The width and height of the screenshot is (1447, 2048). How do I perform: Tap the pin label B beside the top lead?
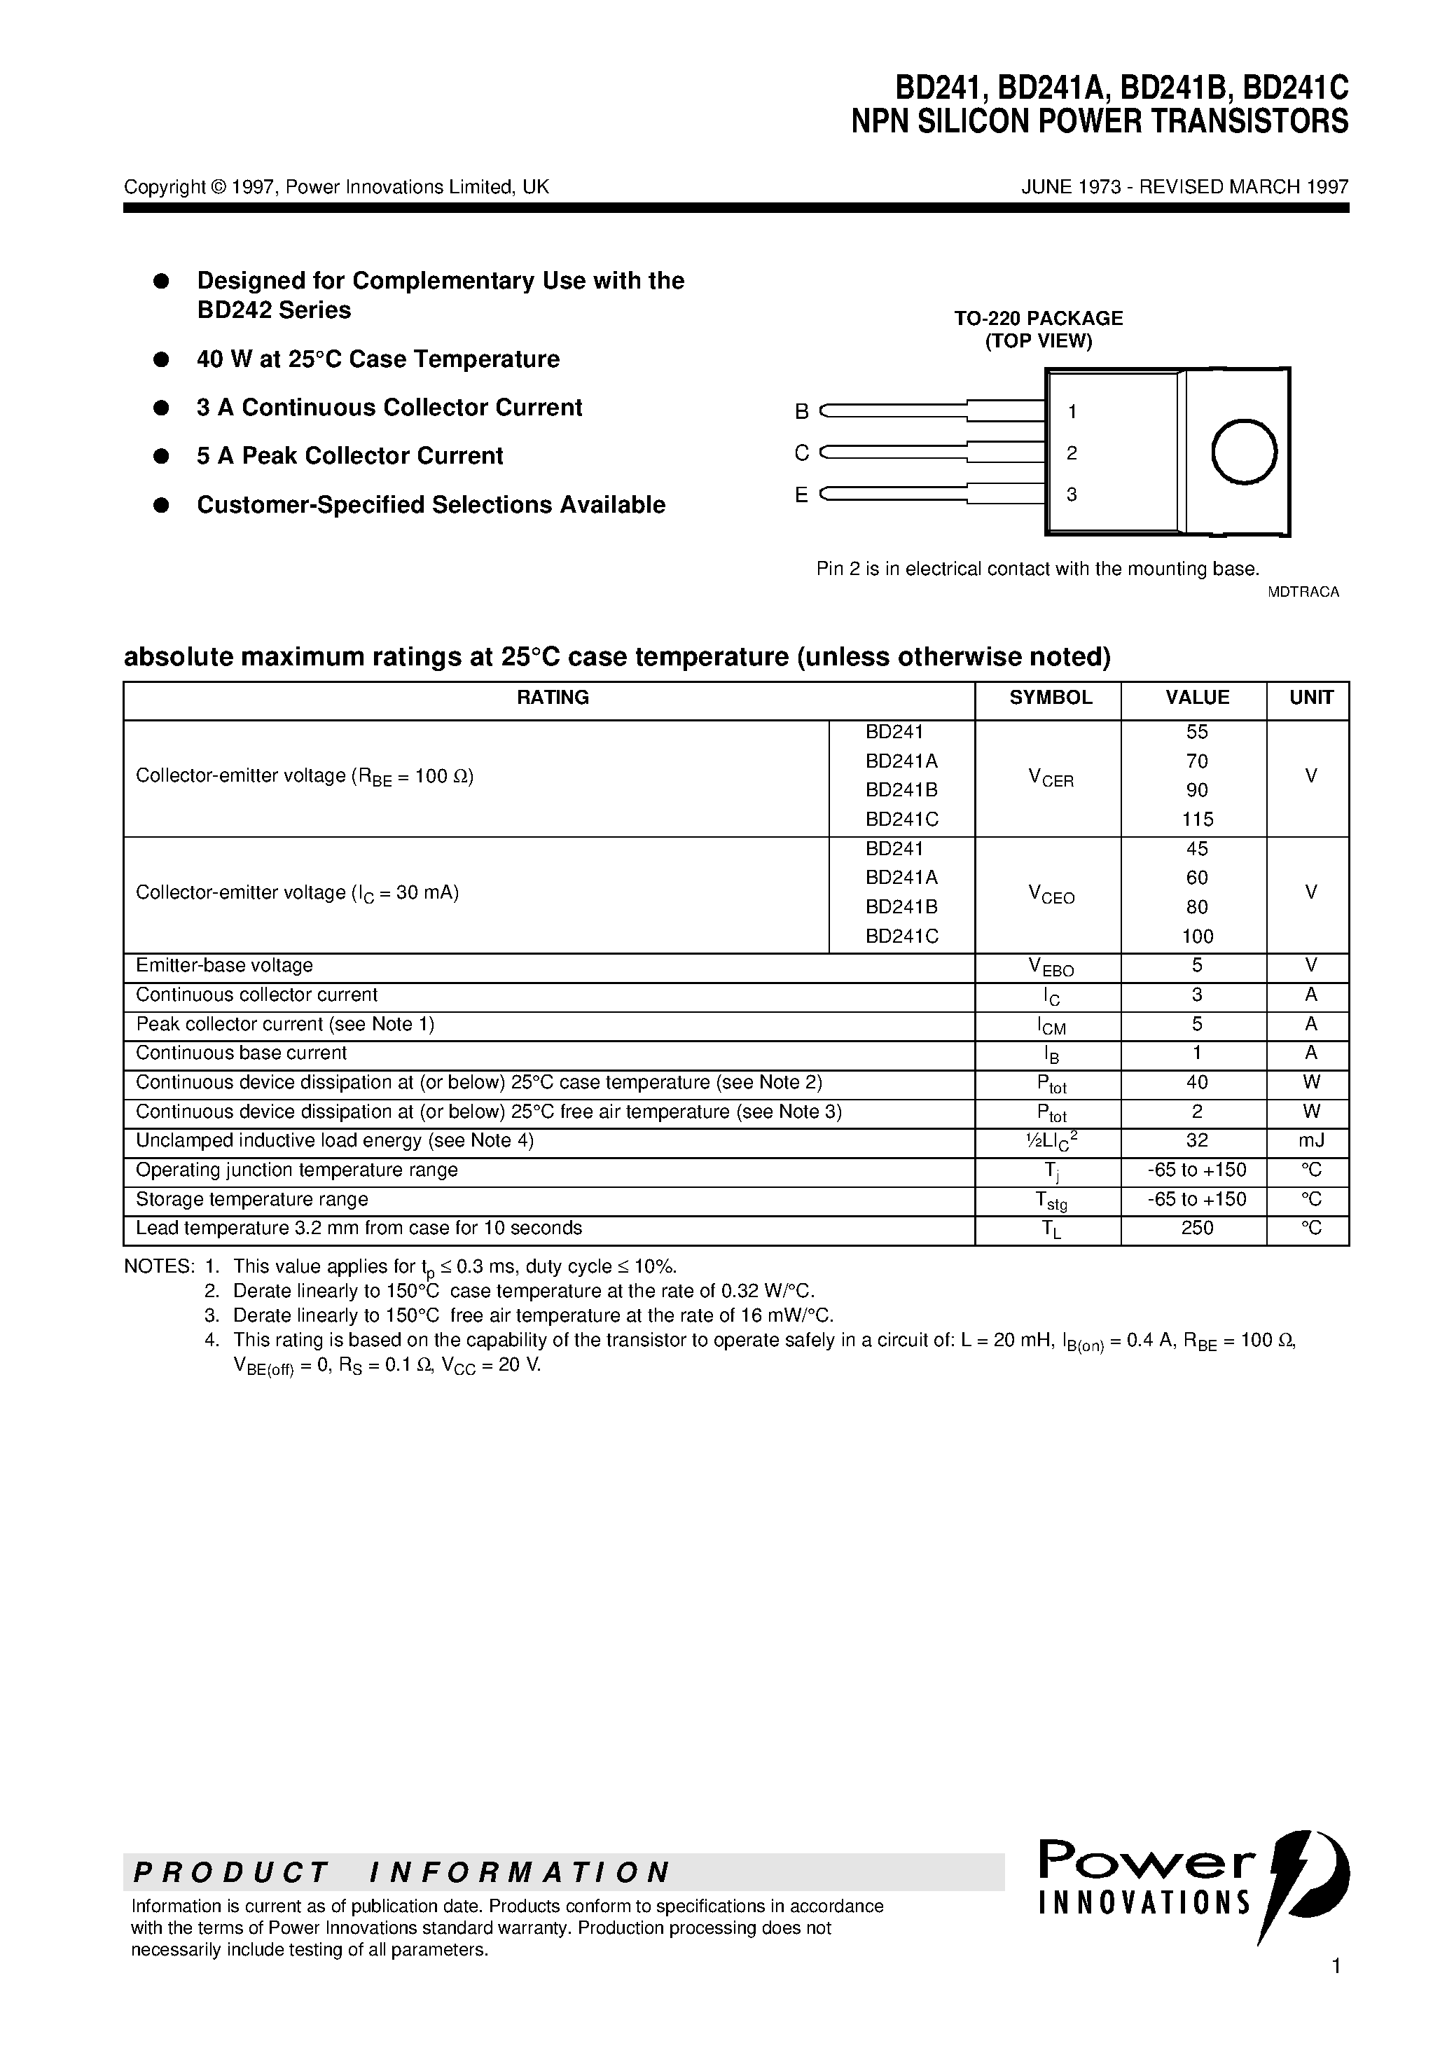point(801,411)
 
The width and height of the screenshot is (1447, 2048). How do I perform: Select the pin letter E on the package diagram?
point(801,495)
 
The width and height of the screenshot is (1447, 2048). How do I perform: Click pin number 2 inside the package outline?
point(1072,453)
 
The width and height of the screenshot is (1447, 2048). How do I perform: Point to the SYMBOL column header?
point(1050,698)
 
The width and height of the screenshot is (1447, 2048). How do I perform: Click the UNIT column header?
point(1310,698)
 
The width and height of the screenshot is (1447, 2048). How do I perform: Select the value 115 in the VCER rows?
point(1196,819)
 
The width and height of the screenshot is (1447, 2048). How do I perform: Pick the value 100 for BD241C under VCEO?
point(1196,936)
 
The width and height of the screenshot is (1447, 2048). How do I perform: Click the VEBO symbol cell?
point(1051,967)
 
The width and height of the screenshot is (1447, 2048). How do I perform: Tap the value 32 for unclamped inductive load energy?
point(1196,1141)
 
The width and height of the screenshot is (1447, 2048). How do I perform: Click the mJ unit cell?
point(1310,1141)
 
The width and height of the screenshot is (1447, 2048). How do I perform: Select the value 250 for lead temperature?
point(1196,1229)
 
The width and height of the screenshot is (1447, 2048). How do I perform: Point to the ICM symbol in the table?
point(1051,1026)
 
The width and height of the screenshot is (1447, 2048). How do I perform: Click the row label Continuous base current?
point(241,1053)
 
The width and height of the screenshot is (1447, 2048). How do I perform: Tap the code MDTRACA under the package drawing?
point(1303,591)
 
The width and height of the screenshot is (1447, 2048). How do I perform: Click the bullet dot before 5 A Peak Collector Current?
point(162,456)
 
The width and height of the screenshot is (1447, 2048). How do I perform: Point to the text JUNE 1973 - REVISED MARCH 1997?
point(1184,186)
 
